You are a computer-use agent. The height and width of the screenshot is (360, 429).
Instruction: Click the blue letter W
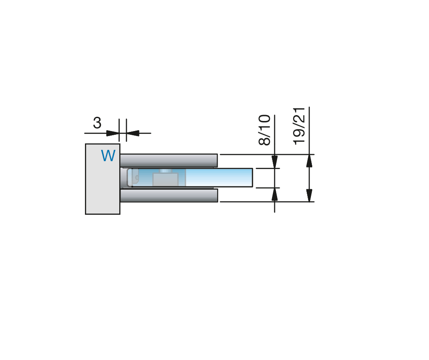[108, 156]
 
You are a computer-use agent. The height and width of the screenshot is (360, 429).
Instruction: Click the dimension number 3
[97, 123]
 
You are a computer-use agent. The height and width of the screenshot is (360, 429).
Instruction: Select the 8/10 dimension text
[265, 130]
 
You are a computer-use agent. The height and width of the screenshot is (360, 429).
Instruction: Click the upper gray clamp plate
[169, 161]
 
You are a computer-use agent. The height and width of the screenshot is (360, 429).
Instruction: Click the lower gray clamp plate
[169, 195]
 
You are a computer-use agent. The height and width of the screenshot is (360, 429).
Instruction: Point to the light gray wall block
[103, 179]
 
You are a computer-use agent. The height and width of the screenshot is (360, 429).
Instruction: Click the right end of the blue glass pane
[252, 177]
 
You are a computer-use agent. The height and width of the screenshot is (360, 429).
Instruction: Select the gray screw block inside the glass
[165, 180]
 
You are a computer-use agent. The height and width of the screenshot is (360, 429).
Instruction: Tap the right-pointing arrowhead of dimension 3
[113, 133]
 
